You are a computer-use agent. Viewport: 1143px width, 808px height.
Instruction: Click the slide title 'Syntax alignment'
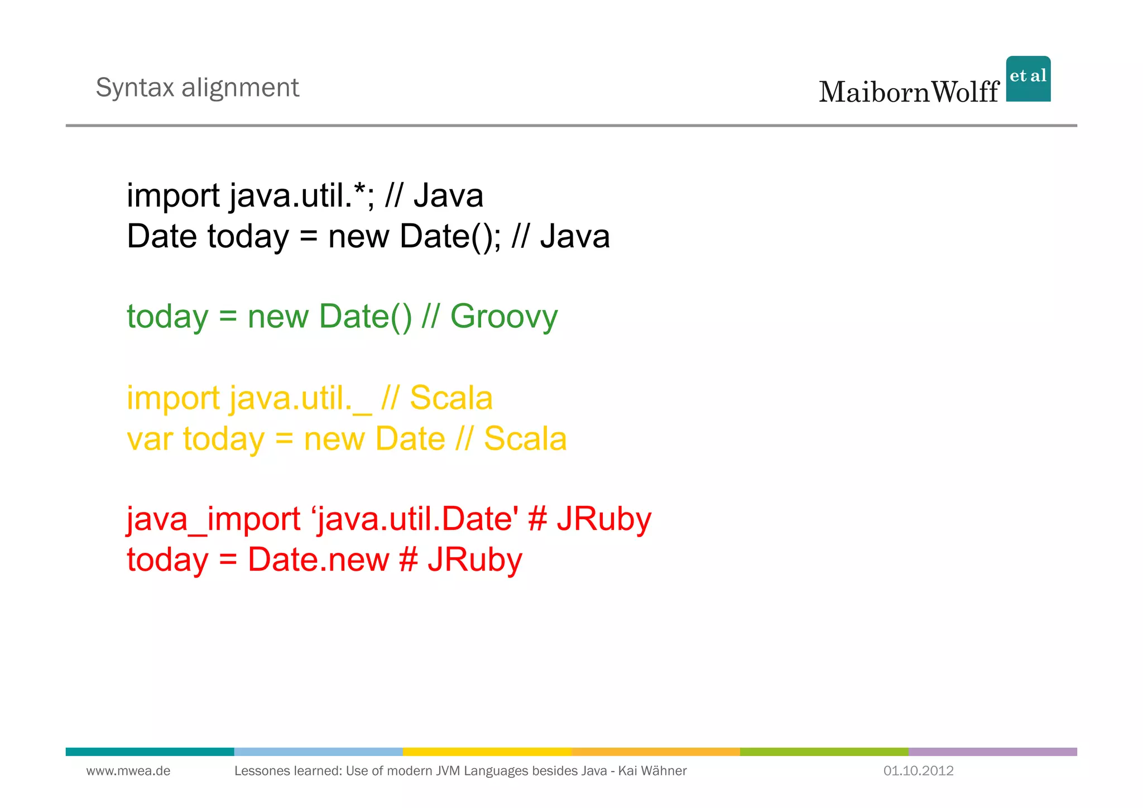[x=197, y=88]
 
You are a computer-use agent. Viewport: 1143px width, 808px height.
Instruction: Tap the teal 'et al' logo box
[x=1028, y=79]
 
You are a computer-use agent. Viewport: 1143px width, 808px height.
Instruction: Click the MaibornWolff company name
[x=909, y=92]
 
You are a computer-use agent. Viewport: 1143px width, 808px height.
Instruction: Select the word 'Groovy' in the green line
[x=503, y=317]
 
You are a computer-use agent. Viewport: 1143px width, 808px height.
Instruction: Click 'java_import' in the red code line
[x=213, y=519]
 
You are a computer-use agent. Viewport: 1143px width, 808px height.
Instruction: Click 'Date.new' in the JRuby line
[x=318, y=560]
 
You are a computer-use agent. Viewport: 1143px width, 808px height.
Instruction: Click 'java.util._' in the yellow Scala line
[x=300, y=399]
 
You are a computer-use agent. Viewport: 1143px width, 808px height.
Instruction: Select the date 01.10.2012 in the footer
[x=918, y=771]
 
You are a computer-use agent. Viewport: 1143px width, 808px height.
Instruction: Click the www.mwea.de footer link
[x=128, y=771]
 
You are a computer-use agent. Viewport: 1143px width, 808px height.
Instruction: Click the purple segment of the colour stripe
[x=992, y=752]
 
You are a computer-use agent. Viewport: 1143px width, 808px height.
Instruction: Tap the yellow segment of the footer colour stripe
[x=487, y=752]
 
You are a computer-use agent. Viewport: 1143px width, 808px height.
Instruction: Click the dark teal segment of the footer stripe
[x=150, y=752]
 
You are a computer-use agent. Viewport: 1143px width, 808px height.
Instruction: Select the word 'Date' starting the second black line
[x=162, y=236]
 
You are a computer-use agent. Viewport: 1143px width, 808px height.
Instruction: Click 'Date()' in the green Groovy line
[x=365, y=317]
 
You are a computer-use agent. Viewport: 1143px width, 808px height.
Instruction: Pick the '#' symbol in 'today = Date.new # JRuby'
[x=409, y=560]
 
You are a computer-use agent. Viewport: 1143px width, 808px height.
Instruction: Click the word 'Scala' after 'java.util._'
[x=451, y=399]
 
